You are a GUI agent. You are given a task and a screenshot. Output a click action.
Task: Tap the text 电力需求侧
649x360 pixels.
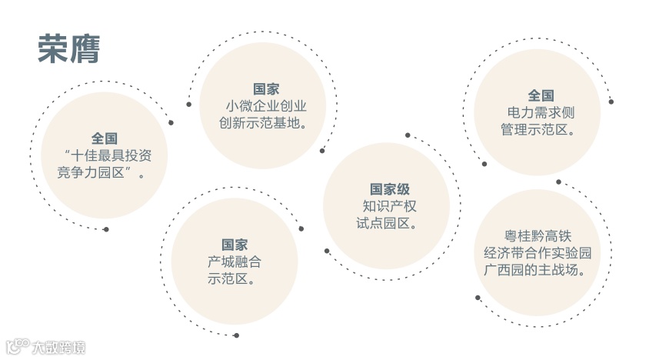click(541, 112)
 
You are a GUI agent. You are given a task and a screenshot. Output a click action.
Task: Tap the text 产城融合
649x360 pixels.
click(235, 262)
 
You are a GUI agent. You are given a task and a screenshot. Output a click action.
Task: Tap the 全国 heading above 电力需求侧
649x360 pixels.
click(541, 95)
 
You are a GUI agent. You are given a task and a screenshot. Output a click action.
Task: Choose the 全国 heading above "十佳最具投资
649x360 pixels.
click(105, 138)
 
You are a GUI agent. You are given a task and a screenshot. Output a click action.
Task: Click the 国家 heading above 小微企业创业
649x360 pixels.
click(266, 88)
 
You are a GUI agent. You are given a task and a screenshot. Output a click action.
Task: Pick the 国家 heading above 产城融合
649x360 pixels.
click(235, 245)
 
